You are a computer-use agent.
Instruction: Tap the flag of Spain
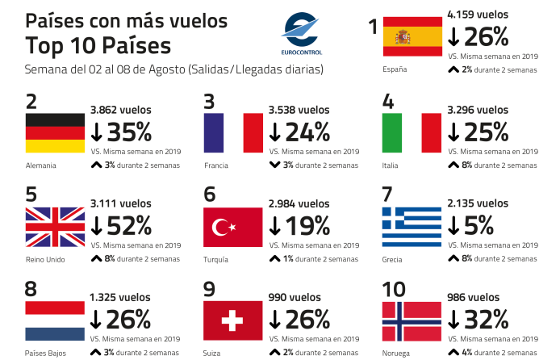[412, 36]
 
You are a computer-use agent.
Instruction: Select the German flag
[55, 133]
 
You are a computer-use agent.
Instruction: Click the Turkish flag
[233, 227]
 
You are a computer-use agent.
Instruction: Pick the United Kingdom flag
[55, 227]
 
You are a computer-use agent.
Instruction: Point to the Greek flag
[412, 227]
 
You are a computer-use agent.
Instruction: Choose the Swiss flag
[233, 321]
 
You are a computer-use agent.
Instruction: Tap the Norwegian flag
[412, 321]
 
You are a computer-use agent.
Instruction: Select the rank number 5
[31, 195]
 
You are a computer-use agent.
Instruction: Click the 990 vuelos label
[295, 297]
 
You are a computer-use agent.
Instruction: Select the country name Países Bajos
[46, 353]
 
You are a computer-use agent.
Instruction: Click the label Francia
[216, 165]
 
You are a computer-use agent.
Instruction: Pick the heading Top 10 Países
[98, 44]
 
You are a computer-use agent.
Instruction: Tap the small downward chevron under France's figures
[274, 165]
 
